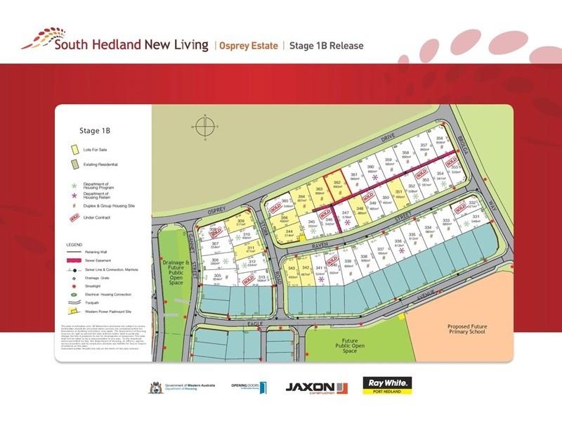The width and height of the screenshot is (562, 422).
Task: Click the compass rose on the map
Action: pos(204,127)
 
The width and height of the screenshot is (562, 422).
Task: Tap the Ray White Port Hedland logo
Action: pos(386,386)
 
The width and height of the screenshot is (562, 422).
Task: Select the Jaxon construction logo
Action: pos(316,387)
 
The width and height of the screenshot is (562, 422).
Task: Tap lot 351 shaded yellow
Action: pos(399,194)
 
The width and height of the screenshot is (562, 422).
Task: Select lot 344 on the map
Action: pos(287,233)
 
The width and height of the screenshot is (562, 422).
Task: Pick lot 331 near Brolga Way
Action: pos(476,220)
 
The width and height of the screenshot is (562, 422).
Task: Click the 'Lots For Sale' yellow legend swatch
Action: pos(74,150)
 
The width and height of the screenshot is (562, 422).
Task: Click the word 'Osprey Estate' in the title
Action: pos(249,46)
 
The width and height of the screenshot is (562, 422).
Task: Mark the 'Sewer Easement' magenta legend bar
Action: pos(74,259)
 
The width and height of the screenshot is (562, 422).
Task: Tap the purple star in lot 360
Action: pos(375,177)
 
